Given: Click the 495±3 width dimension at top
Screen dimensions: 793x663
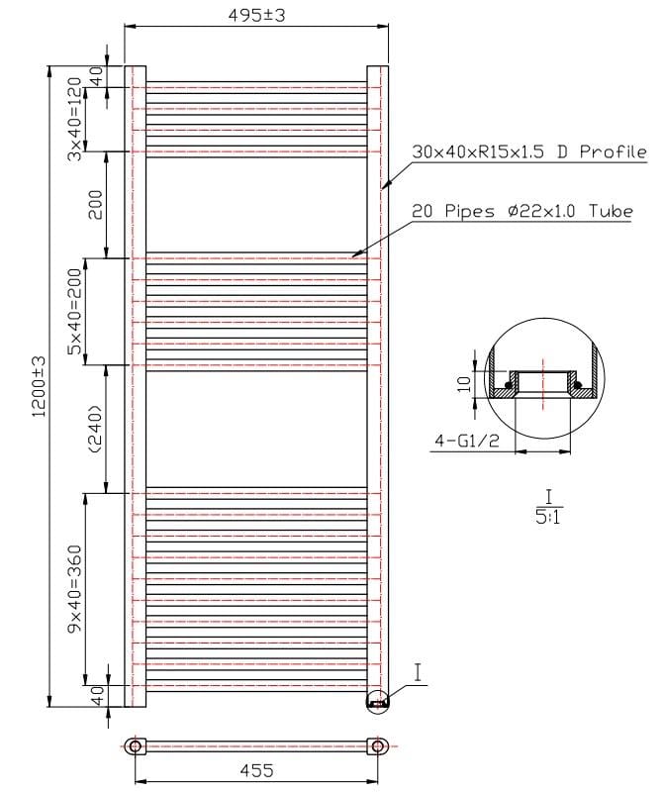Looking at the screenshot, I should pos(257,15).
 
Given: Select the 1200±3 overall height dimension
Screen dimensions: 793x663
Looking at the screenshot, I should pos(39,386).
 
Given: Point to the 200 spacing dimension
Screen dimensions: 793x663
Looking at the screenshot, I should pos(96,205).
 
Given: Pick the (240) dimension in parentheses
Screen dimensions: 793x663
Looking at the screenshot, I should pos(96,429).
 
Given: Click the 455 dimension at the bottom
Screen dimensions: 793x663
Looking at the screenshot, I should pos(255,770).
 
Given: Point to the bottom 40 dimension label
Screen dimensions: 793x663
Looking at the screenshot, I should pos(97,696).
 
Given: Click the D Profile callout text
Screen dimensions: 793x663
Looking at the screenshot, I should pos(528,151).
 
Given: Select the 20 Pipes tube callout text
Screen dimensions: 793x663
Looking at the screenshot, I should pos(521,211).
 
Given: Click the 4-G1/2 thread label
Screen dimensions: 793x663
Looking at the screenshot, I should pos(465,445).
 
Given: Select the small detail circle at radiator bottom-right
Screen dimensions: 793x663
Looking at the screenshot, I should pos(378,700).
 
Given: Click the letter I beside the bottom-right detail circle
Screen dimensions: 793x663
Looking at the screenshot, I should pos(418,673).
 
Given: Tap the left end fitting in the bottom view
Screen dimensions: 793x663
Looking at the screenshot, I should pos(135,745).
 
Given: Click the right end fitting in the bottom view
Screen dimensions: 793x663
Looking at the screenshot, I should pos(377,745).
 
